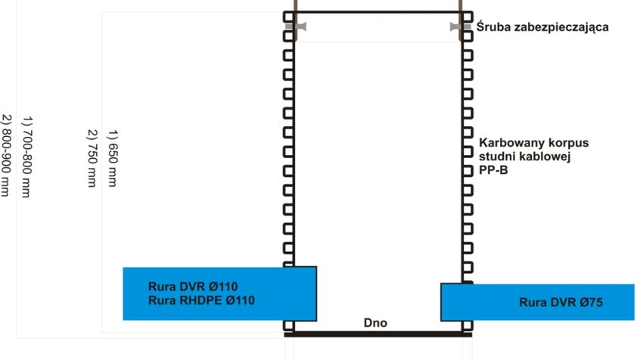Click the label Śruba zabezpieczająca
[x=542, y=27]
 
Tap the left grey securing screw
[x=296, y=26]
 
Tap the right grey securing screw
[x=460, y=26]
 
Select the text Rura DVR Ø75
[x=561, y=303]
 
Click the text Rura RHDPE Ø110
[x=201, y=300]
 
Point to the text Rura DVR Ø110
[x=193, y=286]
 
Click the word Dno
[x=375, y=323]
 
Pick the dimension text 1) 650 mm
[x=112, y=158]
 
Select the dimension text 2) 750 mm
[x=92, y=158]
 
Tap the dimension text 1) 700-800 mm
[x=26, y=157]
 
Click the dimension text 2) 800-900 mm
[x=5, y=156]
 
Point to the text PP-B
[x=493, y=170]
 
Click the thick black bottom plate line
[x=378, y=335]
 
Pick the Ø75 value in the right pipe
[x=591, y=303]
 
